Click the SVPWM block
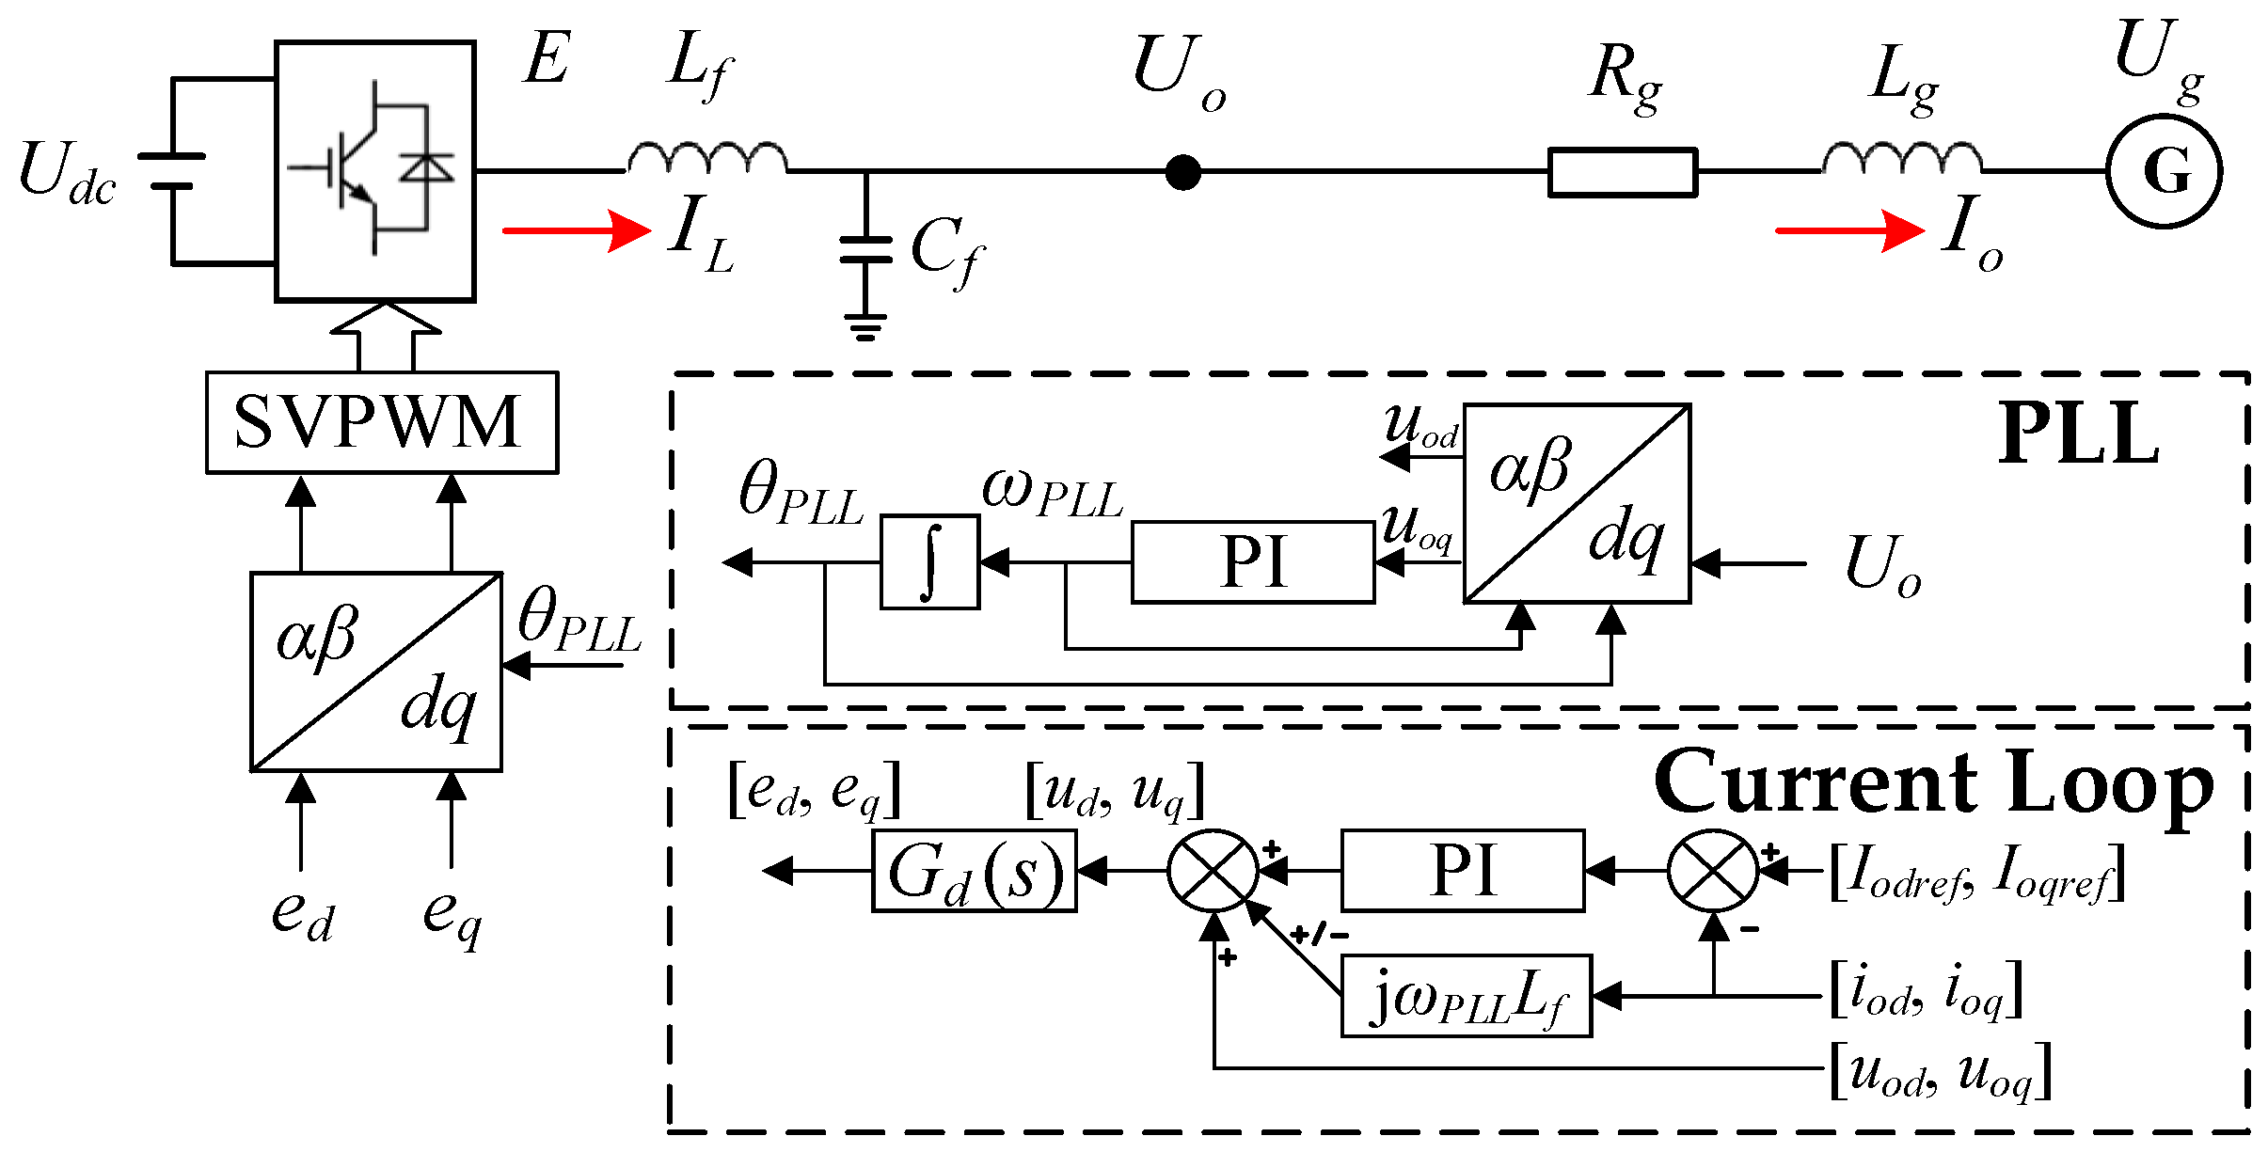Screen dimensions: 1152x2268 click(x=381, y=422)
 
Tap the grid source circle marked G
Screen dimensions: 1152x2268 click(x=2164, y=171)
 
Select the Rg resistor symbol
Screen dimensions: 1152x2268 click(x=1622, y=172)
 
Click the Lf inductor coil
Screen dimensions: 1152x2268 click(x=706, y=158)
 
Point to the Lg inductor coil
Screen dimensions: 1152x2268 click(x=1901, y=158)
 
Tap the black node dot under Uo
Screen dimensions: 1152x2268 click(x=1182, y=172)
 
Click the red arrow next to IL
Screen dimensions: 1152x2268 click(x=576, y=230)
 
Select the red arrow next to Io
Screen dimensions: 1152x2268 click(x=1848, y=230)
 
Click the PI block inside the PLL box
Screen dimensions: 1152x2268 click(x=1252, y=562)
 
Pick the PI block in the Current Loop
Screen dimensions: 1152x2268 click(x=1462, y=871)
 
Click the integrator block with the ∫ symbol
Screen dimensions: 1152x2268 click(x=929, y=562)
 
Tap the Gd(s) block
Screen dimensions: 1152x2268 click(x=974, y=871)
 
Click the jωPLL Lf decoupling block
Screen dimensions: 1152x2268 click(x=1465, y=996)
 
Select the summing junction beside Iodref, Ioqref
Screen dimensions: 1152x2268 click(x=1713, y=871)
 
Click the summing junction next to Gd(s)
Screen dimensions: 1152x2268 click(x=1213, y=871)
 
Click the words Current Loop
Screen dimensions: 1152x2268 click(x=1933, y=783)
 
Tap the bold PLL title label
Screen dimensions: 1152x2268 click(x=2078, y=434)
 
